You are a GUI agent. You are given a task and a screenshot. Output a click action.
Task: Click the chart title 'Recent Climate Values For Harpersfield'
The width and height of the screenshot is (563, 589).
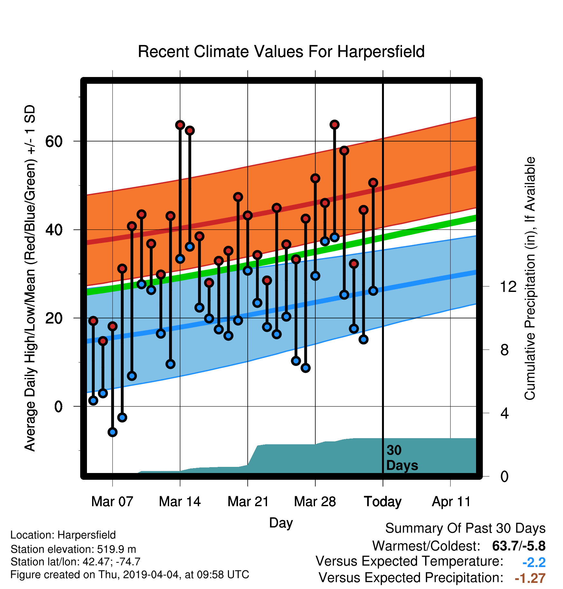point(281,52)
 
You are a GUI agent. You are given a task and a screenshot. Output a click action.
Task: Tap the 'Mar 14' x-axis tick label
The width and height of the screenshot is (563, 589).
point(180,502)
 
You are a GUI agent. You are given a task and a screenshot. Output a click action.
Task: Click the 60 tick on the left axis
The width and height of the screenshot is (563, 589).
point(54,141)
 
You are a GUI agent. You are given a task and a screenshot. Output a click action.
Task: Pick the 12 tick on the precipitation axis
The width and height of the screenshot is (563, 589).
point(508,286)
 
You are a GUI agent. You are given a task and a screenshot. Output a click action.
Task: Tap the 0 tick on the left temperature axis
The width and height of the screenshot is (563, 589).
point(58,406)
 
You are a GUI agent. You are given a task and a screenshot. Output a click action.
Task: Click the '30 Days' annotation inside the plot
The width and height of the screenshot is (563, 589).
point(402,458)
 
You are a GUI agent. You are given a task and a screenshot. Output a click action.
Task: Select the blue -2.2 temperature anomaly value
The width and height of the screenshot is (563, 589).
point(534,562)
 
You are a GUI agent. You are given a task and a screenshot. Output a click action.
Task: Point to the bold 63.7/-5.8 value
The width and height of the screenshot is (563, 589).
point(519,546)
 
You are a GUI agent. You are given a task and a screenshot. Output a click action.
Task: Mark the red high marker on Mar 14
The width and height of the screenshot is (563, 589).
point(180,125)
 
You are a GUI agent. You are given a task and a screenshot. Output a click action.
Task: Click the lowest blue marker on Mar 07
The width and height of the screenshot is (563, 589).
point(112,432)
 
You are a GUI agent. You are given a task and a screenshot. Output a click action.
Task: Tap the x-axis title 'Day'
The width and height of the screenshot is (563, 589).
point(281,523)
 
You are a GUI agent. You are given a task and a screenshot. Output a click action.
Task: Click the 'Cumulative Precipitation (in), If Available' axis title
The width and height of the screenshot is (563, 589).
point(530,278)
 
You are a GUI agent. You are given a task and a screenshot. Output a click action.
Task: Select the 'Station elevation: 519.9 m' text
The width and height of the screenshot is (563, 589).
point(73,549)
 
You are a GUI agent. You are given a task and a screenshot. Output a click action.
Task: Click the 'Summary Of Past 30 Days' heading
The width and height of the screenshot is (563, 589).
point(465,528)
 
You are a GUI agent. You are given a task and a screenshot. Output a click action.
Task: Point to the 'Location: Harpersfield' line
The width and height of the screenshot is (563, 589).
point(63,535)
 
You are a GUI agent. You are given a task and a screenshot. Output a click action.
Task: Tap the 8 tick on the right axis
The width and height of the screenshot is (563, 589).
point(505,350)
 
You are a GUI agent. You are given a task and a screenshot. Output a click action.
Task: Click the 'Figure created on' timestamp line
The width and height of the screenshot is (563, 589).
point(130,575)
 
